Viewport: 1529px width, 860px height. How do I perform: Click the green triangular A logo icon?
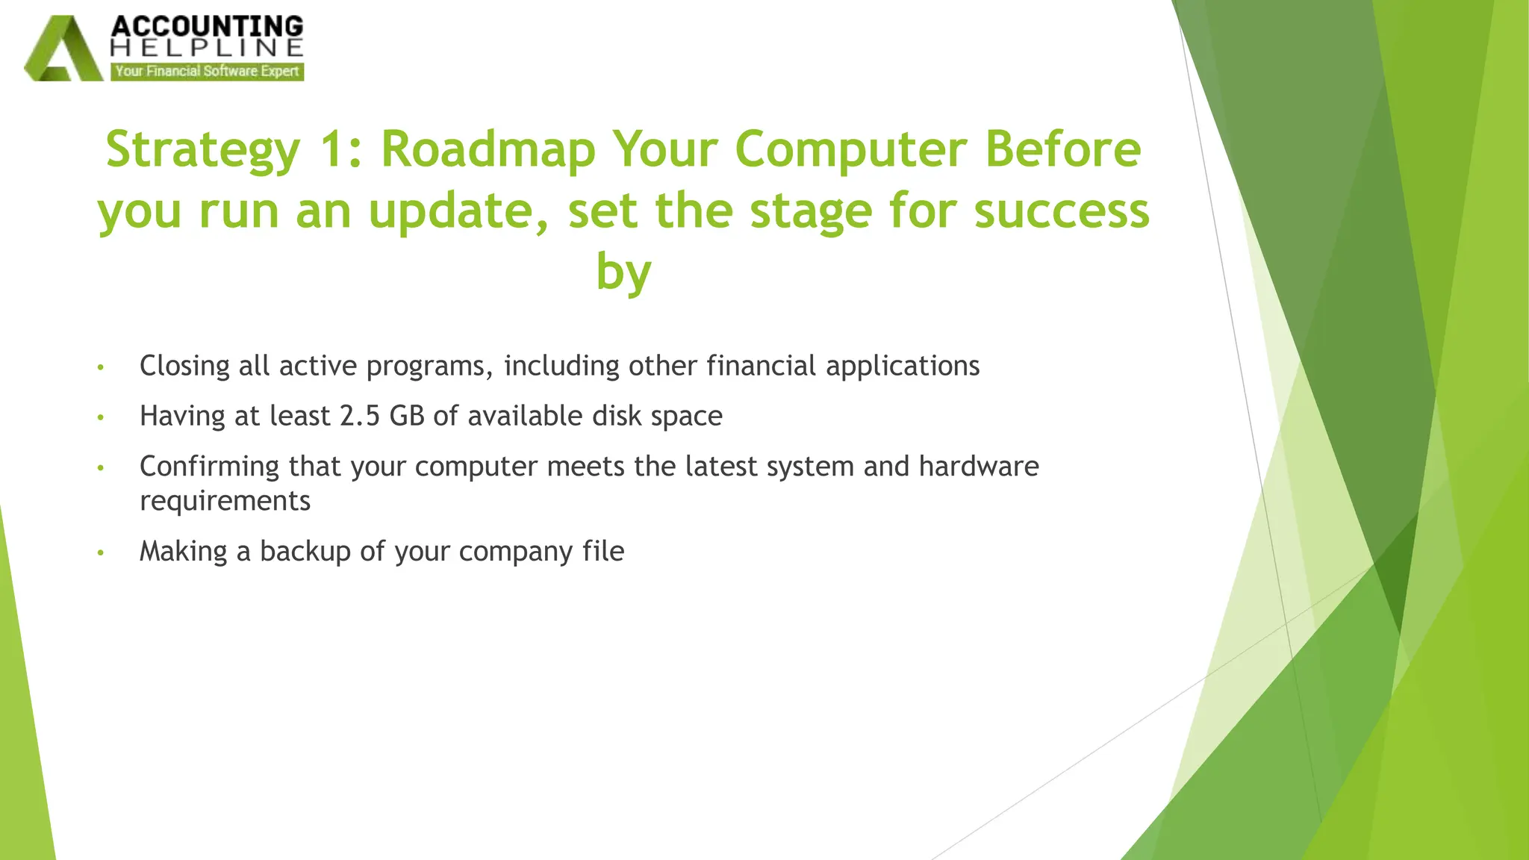point(63,51)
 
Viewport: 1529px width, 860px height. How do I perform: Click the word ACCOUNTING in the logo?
point(207,26)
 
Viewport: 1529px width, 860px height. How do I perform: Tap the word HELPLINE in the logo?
point(207,49)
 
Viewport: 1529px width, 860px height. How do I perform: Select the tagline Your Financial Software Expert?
point(207,72)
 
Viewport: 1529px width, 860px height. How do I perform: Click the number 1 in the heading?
point(331,149)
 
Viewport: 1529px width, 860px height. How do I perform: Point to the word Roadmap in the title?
point(488,149)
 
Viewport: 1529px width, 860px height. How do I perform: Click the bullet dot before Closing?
point(101,367)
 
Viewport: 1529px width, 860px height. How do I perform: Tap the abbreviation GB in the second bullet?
point(407,416)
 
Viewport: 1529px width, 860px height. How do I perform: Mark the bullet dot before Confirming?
point(101,468)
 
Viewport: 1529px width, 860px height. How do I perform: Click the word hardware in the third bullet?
point(979,467)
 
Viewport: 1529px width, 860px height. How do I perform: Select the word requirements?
point(225,501)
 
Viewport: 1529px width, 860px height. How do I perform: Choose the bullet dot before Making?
point(101,553)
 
